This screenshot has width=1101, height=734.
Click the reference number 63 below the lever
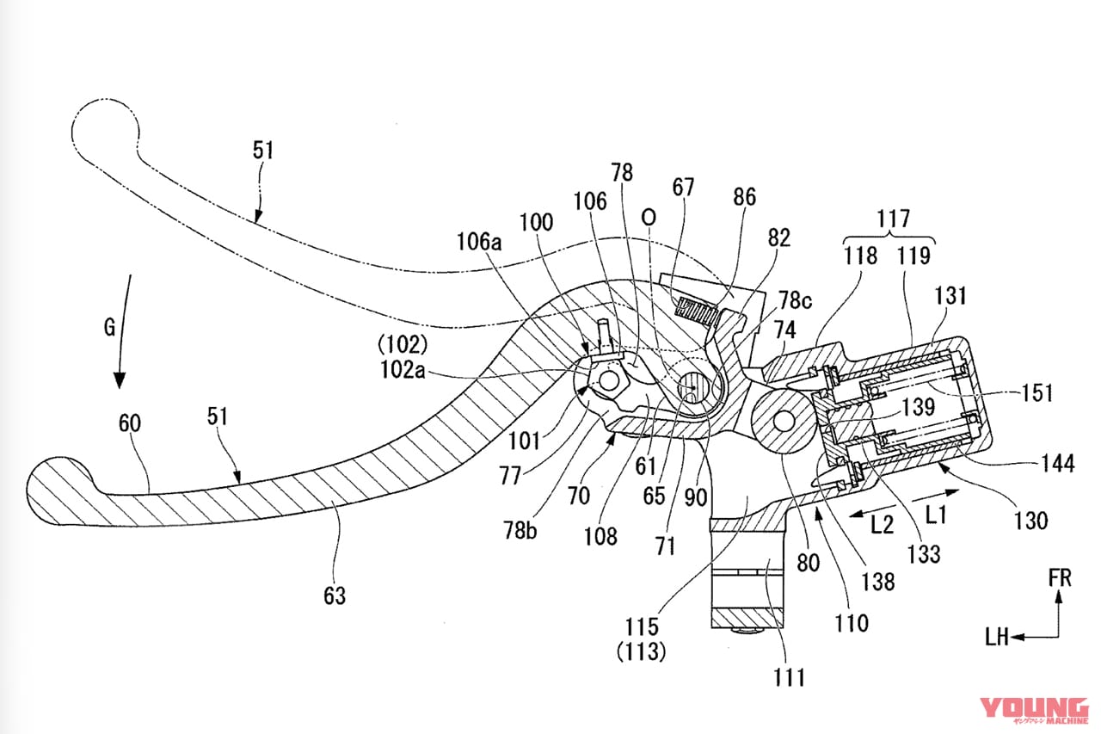[x=335, y=595]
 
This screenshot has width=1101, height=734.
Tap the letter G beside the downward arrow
[x=109, y=328]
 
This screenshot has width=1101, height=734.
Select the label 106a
[x=479, y=242]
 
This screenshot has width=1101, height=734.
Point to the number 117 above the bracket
[x=894, y=218]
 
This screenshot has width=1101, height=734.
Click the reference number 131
[x=950, y=296]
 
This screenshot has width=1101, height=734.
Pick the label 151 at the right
[x=1037, y=392]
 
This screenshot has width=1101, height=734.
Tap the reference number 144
[x=1058, y=463]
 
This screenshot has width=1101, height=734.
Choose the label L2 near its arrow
[x=882, y=526]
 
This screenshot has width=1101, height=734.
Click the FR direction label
[x=1060, y=578]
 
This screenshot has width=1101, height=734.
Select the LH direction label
[x=997, y=638]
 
